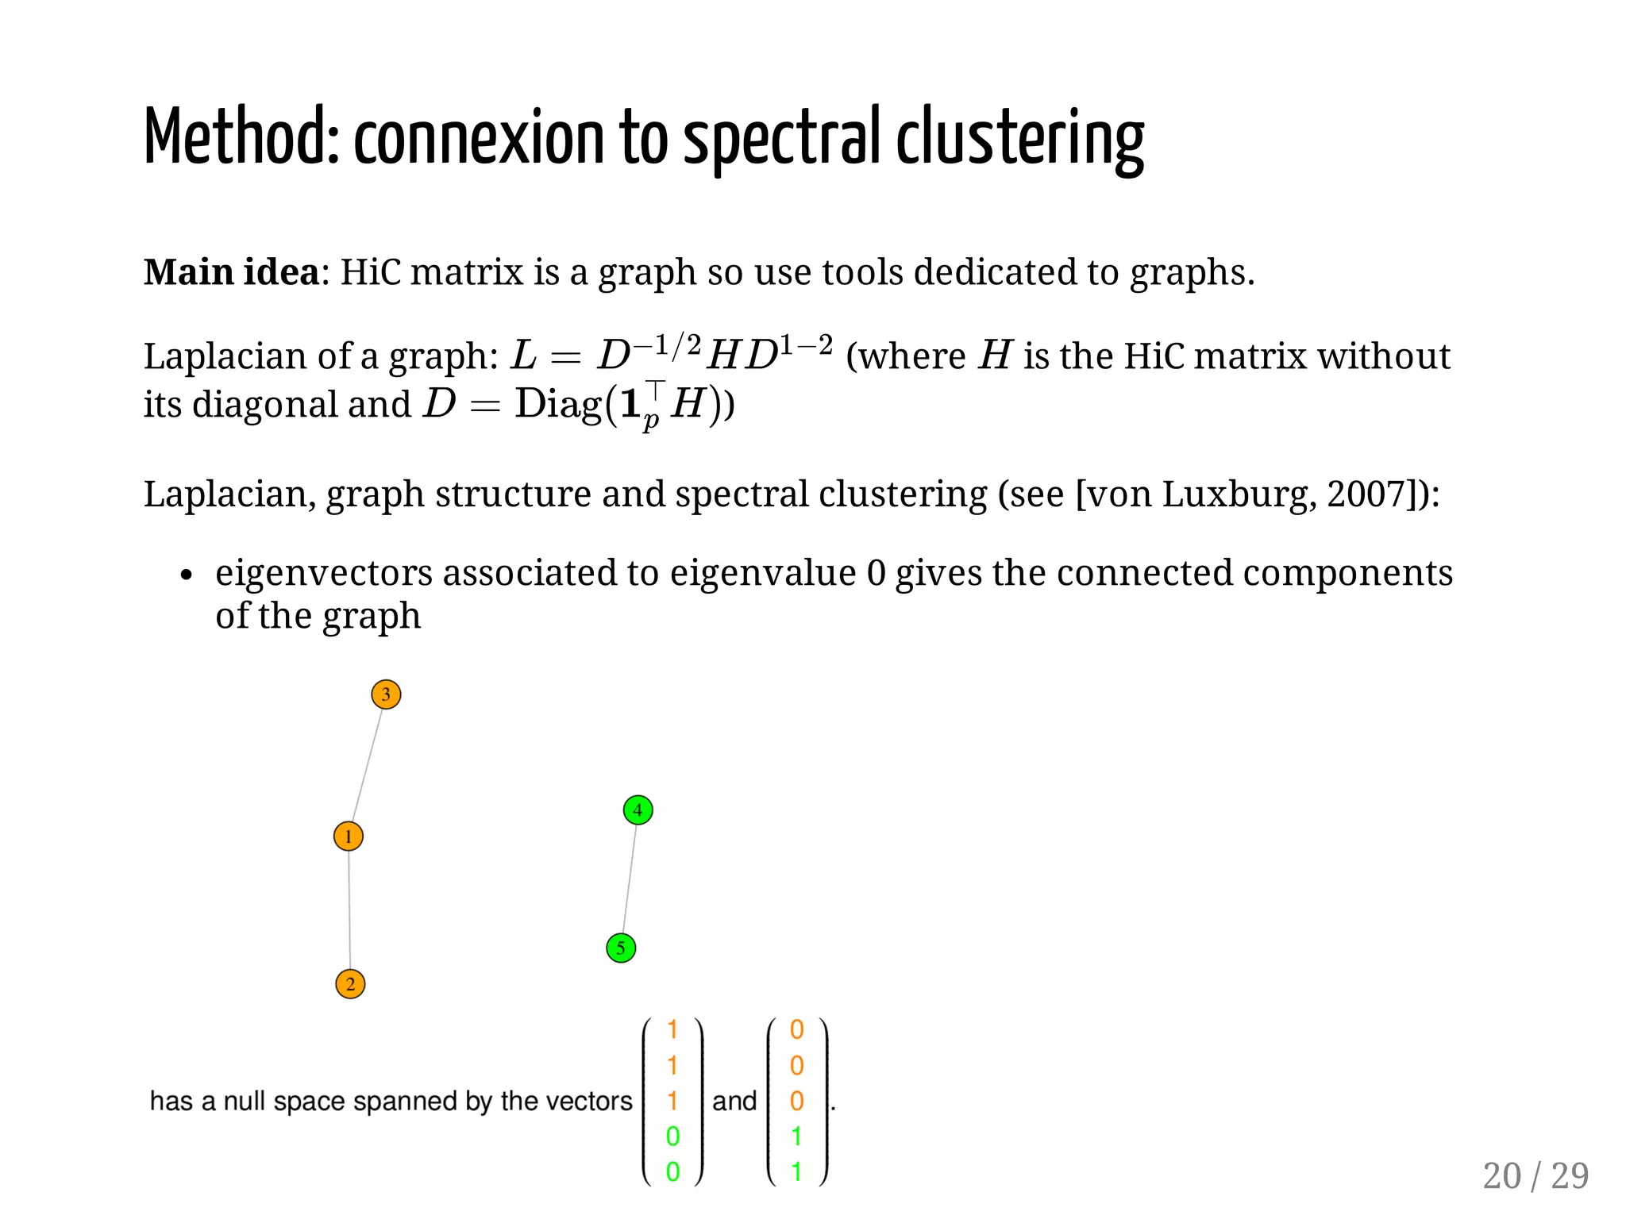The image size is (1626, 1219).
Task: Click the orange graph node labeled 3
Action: pos(386,694)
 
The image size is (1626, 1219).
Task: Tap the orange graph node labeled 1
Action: pos(349,836)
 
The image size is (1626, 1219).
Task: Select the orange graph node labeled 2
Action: pos(350,984)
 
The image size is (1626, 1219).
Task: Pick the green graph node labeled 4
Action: pos(638,810)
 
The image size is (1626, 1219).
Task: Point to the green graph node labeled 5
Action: pos(621,948)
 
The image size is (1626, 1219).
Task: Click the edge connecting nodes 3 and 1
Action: pos(368,764)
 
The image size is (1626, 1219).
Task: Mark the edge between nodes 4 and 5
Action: pos(630,879)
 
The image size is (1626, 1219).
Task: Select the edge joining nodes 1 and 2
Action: pos(349,910)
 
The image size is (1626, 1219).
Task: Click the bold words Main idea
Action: pos(231,272)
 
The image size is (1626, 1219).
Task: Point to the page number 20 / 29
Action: pos(1535,1175)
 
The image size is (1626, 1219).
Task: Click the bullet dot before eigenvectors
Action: pos(186,575)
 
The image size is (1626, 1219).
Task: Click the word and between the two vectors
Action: pos(734,1101)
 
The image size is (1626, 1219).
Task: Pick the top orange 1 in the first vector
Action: pos(672,1029)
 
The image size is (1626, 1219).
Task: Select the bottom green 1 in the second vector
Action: pos(797,1171)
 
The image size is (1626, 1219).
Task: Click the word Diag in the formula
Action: pos(558,404)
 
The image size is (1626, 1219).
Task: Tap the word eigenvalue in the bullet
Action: pos(763,573)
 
